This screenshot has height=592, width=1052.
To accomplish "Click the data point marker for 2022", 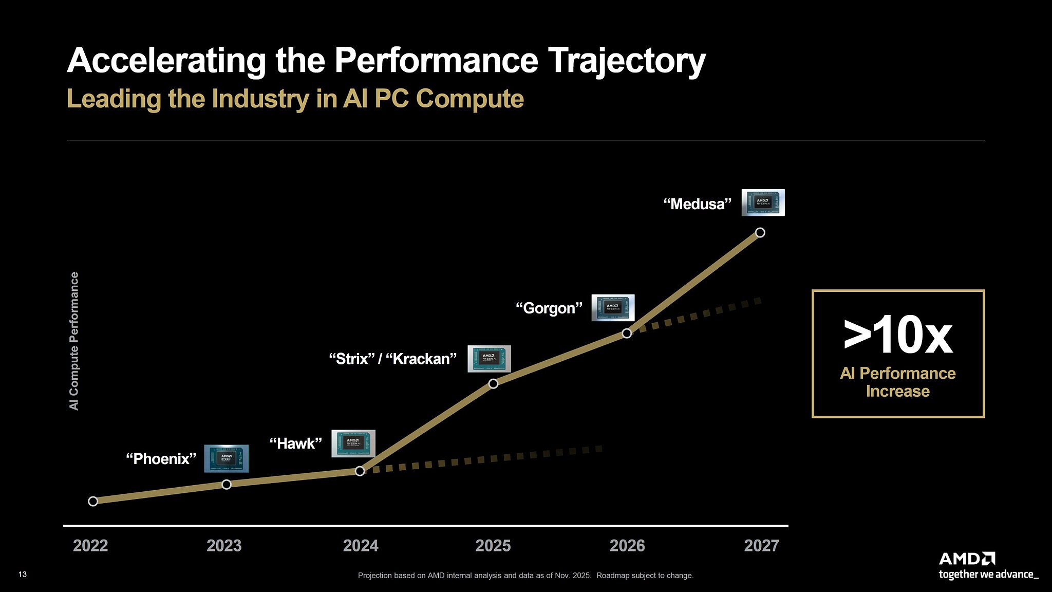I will click(x=93, y=501).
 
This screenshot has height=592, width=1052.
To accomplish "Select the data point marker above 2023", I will click(x=227, y=484).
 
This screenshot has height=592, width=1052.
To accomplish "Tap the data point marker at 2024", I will click(x=360, y=471).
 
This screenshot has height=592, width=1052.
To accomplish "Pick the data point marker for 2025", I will click(x=493, y=383).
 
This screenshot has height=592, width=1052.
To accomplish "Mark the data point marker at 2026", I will click(x=627, y=333).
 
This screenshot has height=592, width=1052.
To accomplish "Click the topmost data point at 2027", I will click(x=760, y=232).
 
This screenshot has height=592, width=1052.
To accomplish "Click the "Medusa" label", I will click(x=697, y=204).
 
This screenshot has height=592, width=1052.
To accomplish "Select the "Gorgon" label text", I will click(x=549, y=308).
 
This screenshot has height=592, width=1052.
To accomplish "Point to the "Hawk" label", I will click(x=296, y=443).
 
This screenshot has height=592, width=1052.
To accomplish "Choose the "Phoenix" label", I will click(x=161, y=458).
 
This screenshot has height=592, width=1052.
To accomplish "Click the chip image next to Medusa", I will click(x=763, y=202).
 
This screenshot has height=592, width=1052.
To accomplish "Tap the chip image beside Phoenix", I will click(x=227, y=458).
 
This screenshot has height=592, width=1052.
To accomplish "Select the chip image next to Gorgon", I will click(x=613, y=308).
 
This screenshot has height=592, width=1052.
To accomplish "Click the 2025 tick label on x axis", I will click(x=493, y=545).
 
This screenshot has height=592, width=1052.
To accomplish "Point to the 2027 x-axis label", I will click(x=761, y=545).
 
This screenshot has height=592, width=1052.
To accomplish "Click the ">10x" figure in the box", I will click(x=898, y=336).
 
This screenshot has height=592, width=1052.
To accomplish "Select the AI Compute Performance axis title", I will click(x=74, y=341).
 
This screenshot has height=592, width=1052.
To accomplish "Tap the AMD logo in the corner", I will click(x=967, y=559).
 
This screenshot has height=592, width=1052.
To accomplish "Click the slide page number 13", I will click(x=23, y=575).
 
